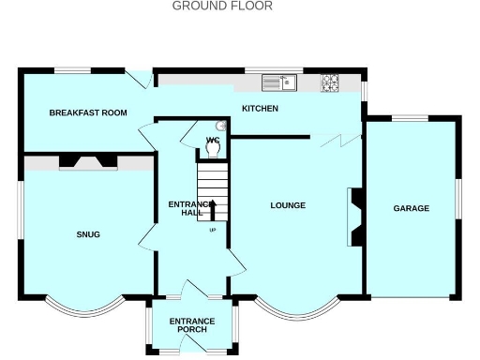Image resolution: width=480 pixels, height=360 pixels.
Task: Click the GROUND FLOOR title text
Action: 222,6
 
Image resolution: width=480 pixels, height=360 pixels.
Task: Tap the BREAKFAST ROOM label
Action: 88,112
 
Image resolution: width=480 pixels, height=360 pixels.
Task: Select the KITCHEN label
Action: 260,109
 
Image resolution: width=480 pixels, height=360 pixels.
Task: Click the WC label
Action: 212,141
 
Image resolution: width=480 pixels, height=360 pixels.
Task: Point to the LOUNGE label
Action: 288,205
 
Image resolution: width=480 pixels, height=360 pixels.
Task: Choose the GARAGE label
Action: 411,208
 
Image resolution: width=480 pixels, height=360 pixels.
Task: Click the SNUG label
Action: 88,234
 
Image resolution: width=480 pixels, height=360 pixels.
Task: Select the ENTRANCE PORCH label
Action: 191,326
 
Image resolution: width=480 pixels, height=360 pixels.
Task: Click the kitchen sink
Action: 278,83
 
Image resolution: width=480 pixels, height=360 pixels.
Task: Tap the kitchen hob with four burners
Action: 331,82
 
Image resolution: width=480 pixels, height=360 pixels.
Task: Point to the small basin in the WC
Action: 222,125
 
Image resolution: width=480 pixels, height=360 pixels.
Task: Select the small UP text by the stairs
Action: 213,230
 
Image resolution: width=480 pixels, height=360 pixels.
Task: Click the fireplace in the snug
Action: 87,162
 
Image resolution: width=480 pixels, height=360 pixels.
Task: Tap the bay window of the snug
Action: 84,308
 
